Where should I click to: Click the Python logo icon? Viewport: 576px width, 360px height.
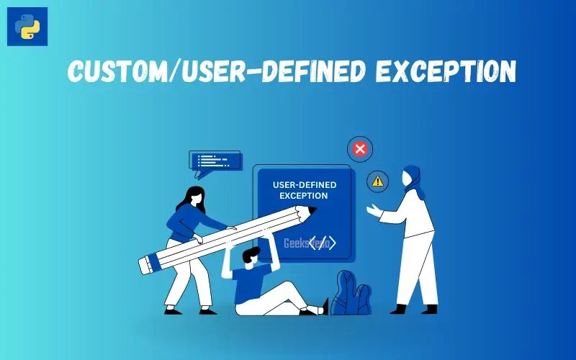[27, 27]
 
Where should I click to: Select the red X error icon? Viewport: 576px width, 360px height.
[359, 150]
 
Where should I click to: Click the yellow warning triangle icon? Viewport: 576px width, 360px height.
[377, 181]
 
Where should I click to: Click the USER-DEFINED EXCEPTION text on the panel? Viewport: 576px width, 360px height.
[304, 190]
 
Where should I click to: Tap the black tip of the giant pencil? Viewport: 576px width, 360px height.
[311, 210]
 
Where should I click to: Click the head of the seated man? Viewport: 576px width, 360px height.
[251, 254]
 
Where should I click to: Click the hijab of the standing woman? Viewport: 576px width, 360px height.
[411, 179]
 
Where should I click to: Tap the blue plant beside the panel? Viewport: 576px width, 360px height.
[351, 294]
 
